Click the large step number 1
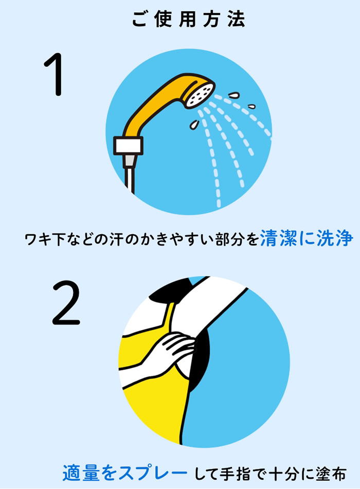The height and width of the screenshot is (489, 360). click(x=56, y=76)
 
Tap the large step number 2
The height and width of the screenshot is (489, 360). click(x=66, y=303)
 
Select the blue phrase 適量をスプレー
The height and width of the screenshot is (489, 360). click(x=124, y=472)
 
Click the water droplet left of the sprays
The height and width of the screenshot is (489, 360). click(x=194, y=125)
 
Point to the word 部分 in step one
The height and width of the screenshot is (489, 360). click(x=227, y=240)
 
